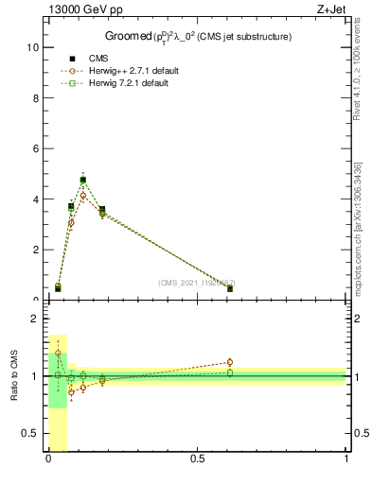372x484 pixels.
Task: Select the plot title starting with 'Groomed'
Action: (x=197, y=37)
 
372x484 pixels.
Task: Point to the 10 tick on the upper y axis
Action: (x=31, y=46)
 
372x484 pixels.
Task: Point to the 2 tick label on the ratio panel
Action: (x=34, y=319)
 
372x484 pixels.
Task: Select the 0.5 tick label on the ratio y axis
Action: (x=29, y=433)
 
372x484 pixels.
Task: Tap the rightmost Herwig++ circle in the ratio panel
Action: (x=229, y=362)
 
